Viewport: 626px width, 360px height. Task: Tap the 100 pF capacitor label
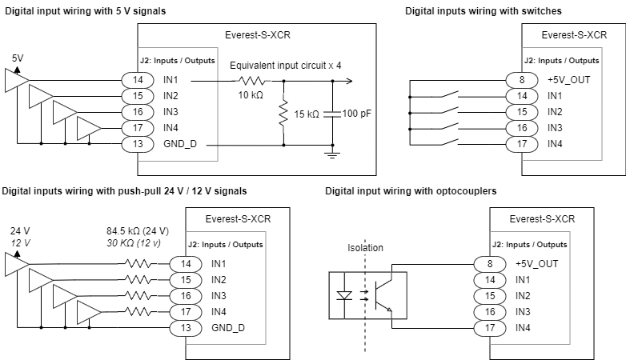356,114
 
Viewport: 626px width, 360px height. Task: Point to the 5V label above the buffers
18,58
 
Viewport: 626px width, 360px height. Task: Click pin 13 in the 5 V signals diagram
138,143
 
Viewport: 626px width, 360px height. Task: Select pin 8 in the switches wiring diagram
522,79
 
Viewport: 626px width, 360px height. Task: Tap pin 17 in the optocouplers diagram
490,327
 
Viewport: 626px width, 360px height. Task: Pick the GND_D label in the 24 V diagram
228,328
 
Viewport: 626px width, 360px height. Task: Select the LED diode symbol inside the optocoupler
345,295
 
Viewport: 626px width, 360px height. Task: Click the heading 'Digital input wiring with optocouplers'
411,191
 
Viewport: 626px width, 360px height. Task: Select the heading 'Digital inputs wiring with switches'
483,11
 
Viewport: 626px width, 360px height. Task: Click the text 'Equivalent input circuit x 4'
286,65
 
